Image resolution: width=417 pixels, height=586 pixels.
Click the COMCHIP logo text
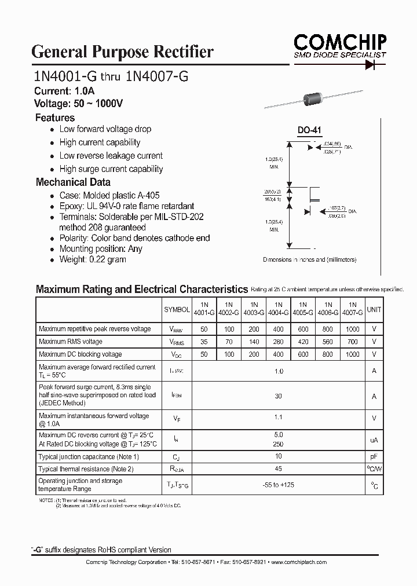pyautogui.click(x=339, y=42)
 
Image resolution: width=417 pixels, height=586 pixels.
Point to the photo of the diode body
pyautogui.click(x=313, y=100)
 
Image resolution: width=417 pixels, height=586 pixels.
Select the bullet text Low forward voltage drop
pyautogui.click(x=105, y=129)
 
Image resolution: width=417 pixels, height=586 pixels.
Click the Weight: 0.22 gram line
pyautogui.click(x=92, y=259)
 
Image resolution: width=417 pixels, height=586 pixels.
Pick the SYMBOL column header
pyautogui.click(x=177, y=310)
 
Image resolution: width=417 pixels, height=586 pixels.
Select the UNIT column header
pyautogui.click(x=374, y=310)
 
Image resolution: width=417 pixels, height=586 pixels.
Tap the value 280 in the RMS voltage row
pyautogui.click(x=278, y=342)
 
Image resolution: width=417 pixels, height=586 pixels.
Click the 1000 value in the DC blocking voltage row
pyautogui.click(x=353, y=354)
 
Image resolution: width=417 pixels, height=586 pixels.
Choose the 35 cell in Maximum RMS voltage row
pyautogui.click(x=204, y=342)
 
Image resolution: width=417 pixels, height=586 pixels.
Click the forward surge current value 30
pyautogui.click(x=278, y=396)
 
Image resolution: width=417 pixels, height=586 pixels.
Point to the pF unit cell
pyautogui.click(x=374, y=457)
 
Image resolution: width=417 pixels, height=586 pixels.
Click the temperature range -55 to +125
pyautogui.click(x=278, y=485)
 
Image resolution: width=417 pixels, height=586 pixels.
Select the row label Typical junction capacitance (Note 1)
pyautogui.click(x=89, y=457)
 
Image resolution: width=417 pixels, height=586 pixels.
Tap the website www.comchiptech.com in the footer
pyautogui.click(x=299, y=562)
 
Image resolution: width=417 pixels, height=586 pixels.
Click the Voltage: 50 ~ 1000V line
pyautogui.click(x=78, y=104)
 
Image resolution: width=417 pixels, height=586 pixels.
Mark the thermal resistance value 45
pyautogui.click(x=278, y=469)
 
